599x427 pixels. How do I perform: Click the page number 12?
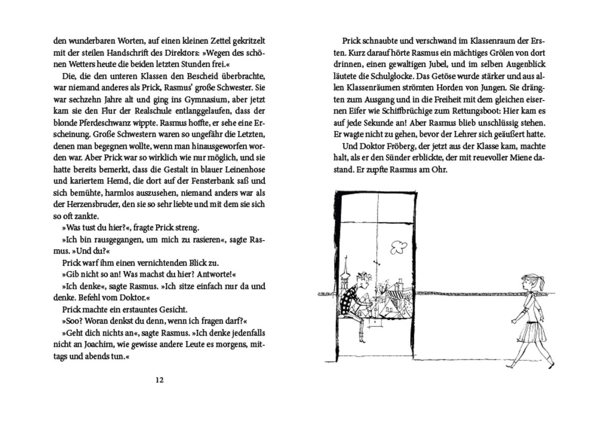pos(159,380)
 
